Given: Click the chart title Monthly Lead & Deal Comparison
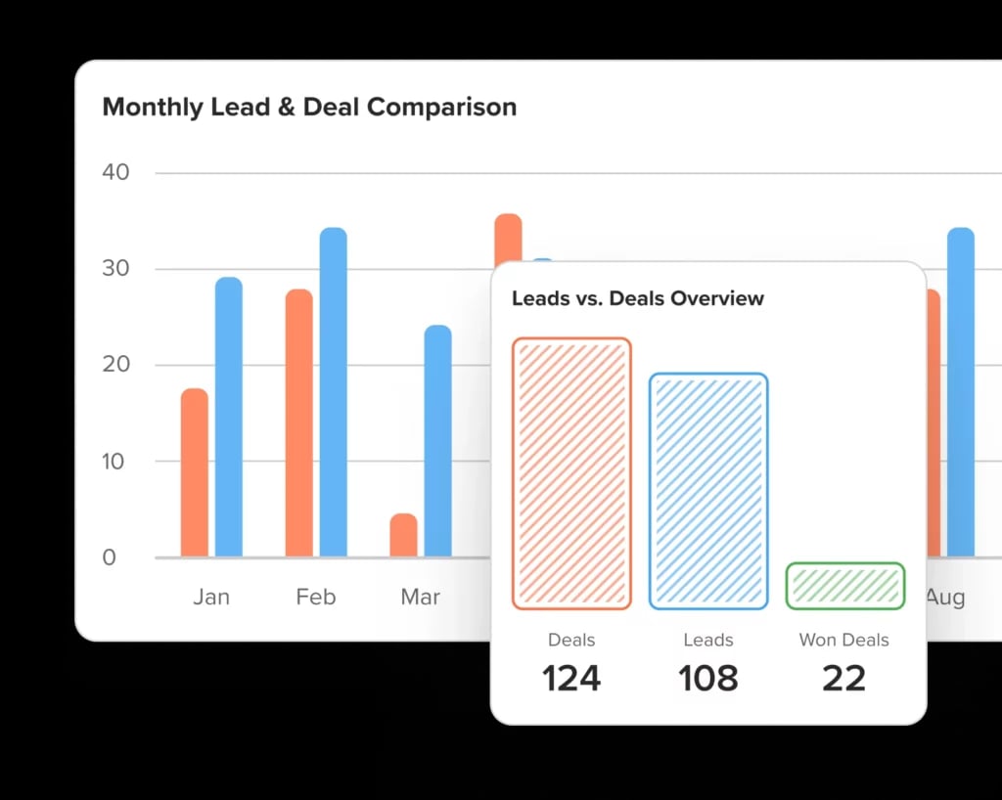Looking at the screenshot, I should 309,107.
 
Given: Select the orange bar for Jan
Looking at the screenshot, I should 195,473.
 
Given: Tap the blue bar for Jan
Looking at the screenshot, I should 229,418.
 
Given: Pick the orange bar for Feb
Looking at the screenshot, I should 299,423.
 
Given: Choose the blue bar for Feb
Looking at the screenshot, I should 334,392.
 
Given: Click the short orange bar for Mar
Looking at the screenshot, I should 403,535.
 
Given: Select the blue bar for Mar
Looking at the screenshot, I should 438,441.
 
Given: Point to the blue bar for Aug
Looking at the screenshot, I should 961,392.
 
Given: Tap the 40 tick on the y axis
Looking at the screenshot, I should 115,172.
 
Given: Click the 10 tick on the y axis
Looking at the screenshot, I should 115,461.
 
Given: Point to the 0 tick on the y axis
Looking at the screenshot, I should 109,557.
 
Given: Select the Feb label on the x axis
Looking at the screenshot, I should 315,597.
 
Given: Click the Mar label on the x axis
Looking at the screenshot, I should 420,597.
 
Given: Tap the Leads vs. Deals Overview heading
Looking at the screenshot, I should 638,298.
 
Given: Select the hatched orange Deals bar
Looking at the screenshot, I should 571,474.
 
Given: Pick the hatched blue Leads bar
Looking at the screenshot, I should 708,491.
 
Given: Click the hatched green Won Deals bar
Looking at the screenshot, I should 845,586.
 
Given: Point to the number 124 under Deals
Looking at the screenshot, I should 571,679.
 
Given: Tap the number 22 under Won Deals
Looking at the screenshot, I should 843,679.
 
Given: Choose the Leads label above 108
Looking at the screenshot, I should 708,641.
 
